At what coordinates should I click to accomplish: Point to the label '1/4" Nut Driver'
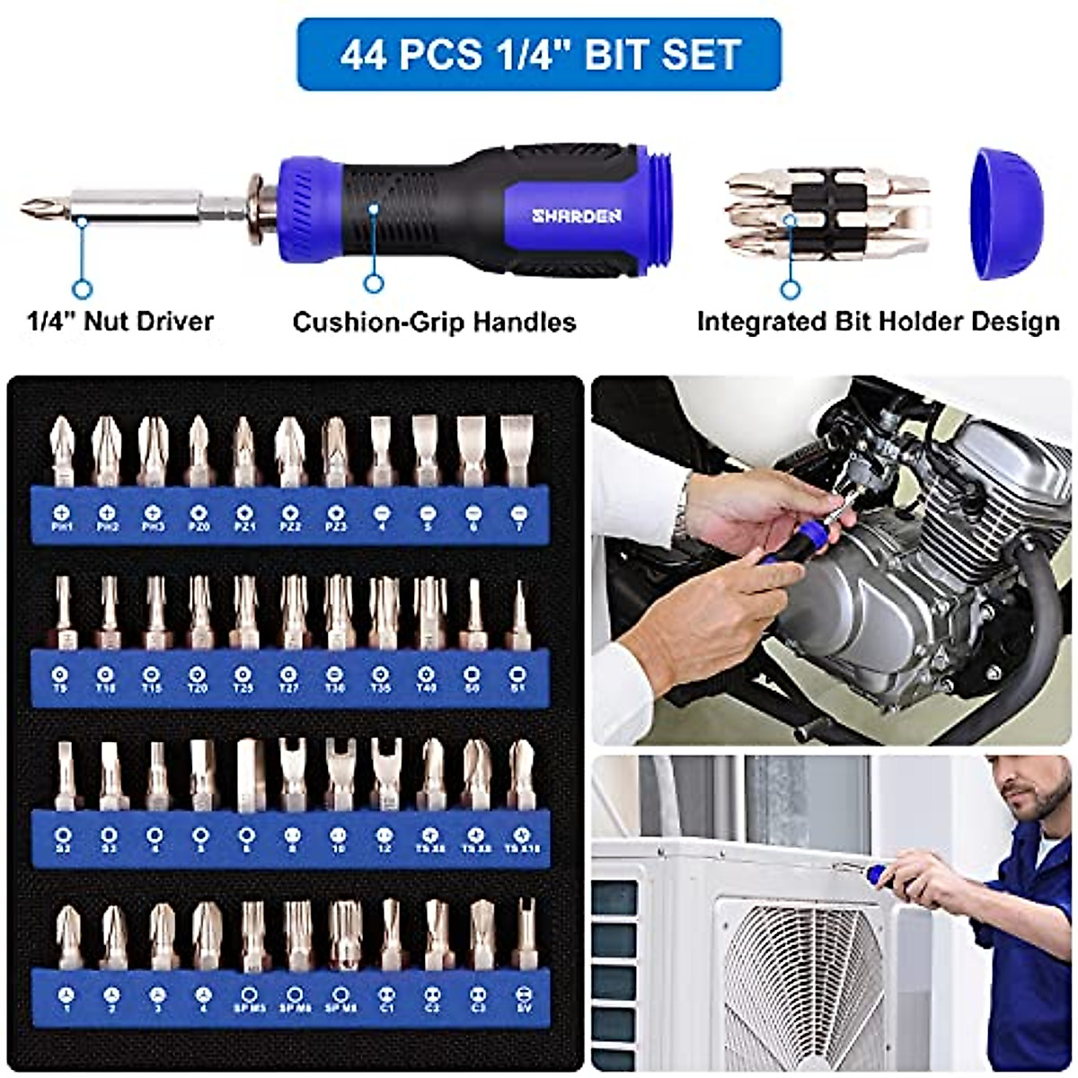(119, 321)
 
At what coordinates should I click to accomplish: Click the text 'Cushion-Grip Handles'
(434, 322)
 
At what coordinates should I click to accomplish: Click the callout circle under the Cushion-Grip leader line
(374, 284)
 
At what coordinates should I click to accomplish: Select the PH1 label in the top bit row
(61, 527)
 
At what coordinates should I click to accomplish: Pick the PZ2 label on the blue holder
(290, 527)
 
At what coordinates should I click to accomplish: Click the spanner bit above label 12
(385, 773)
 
